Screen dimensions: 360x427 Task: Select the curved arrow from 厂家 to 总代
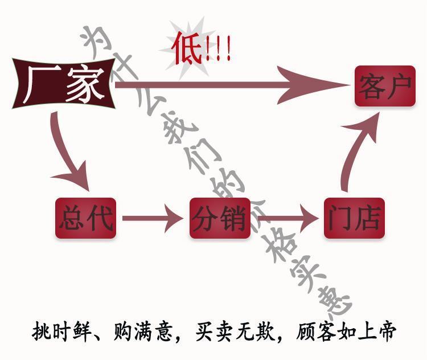coord(66,154)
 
